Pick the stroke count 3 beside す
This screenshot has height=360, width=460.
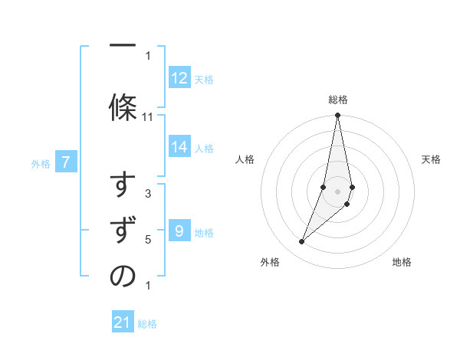pos(148,194)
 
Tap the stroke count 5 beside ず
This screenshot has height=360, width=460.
pos(148,240)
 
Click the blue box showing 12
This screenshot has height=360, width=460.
pos(179,78)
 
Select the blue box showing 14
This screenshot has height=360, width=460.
pos(179,147)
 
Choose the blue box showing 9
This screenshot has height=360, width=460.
pos(179,231)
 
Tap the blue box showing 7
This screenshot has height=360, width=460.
pos(66,162)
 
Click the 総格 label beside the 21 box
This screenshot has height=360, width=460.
pos(147,324)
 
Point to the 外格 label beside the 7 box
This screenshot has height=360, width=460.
pos(41,163)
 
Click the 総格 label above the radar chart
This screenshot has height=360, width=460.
pos(337,100)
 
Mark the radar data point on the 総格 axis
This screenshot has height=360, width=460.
pos(337,116)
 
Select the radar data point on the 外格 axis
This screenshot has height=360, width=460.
pos(301,242)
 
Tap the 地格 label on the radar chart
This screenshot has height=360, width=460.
pos(402,263)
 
